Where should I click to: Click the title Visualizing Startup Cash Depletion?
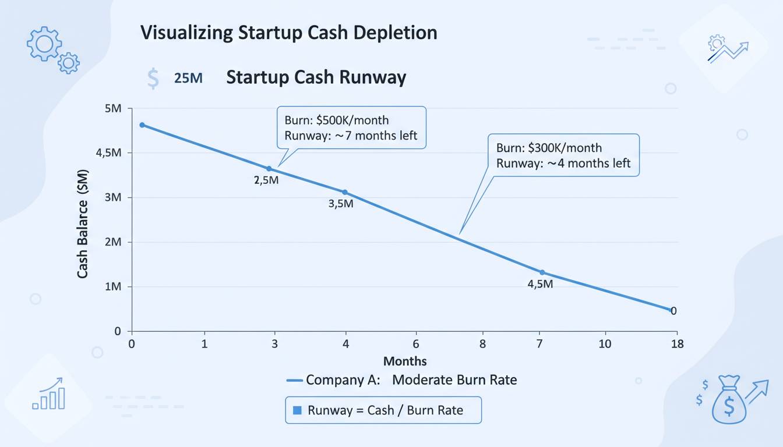pyautogui.click(x=288, y=33)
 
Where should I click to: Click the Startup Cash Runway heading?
pyautogui.click(x=316, y=77)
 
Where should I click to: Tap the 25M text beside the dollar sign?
pyautogui.click(x=188, y=78)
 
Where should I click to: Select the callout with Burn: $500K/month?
pyautogui.click(x=351, y=128)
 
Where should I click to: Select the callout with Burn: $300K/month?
pyautogui.click(x=563, y=155)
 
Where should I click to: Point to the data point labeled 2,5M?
pyautogui.click(x=269, y=169)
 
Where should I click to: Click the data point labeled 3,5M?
pyautogui.click(x=345, y=192)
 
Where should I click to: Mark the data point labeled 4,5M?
pyautogui.click(x=542, y=272)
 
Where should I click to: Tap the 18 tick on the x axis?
pyautogui.click(x=676, y=344)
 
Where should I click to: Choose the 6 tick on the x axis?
pyautogui.click(x=416, y=344)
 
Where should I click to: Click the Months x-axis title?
pyautogui.click(x=404, y=361)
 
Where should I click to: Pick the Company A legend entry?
pyautogui.click(x=402, y=380)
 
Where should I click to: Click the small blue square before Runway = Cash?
pyautogui.click(x=297, y=410)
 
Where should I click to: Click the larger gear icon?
pyautogui.click(x=44, y=43)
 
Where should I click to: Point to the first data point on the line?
pyautogui.click(x=142, y=125)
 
